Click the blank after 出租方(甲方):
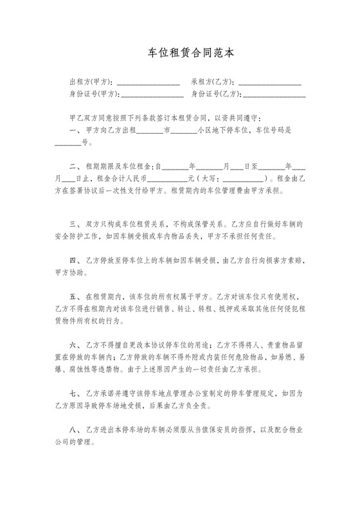click(147, 84)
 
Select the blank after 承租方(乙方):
click(270, 84)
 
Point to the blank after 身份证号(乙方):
click(274, 95)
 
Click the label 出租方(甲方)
click(91, 82)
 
